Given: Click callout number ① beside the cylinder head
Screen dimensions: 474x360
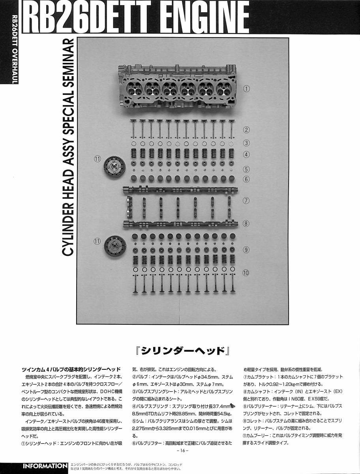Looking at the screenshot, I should [246, 89].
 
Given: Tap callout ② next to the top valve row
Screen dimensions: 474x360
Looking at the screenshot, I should [246, 130].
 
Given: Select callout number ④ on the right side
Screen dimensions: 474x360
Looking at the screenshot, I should [246, 154].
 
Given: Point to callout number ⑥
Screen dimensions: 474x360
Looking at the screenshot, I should [246, 179].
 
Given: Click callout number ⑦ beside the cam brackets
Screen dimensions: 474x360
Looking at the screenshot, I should [246, 200].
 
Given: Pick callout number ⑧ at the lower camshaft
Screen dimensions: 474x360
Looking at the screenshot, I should [246, 224].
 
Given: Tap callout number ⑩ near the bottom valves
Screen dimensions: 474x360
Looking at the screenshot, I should [246, 273].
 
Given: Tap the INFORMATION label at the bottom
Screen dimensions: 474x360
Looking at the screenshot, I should [45, 466].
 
